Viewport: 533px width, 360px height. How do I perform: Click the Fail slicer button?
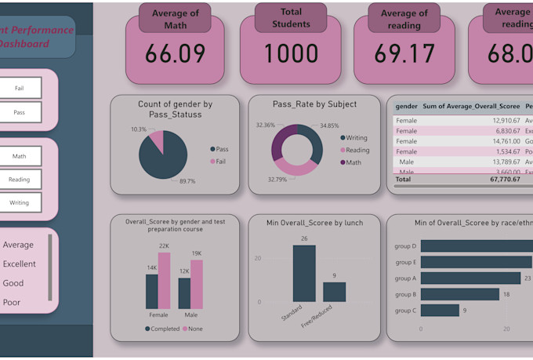[19, 89]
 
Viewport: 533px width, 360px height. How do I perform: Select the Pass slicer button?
[19, 113]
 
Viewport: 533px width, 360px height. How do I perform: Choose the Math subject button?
[19, 156]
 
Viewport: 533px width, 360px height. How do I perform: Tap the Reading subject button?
[19, 180]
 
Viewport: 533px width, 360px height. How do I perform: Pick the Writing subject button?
[19, 202]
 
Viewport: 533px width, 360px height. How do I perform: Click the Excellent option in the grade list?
[20, 264]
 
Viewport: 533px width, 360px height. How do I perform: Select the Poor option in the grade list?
[13, 302]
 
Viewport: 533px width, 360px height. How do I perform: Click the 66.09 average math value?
[175, 54]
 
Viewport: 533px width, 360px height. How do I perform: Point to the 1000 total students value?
[291, 54]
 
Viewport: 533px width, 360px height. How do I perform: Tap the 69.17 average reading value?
[404, 54]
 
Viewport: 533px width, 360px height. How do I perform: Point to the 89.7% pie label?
[187, 181]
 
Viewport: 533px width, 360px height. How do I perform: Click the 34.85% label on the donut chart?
[329, 125]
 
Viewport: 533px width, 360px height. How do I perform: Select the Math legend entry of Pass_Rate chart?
[354, 162]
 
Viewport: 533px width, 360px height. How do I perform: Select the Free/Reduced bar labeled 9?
[335, 292]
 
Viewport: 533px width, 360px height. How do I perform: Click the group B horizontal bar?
[460, 294]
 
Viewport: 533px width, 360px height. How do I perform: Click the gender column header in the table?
[406, 105]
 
